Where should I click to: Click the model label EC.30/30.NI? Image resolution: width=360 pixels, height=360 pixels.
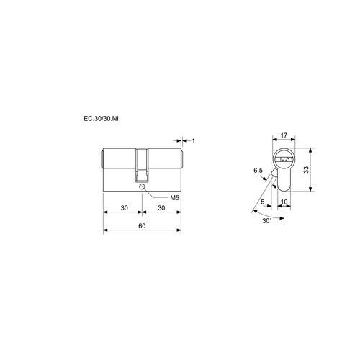(x=101, y=119)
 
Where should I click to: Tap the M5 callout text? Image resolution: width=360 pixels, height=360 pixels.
(x=175, y=198)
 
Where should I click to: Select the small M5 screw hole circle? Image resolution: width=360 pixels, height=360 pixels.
(x=142, y=186)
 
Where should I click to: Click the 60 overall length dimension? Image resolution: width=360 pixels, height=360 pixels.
(x=142, y=226)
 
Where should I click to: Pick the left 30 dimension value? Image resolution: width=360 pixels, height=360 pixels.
(x=124, y=208)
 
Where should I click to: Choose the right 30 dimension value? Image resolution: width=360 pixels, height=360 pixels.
(x=161, y=208)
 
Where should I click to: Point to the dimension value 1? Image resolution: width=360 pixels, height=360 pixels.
(x=194, y=141)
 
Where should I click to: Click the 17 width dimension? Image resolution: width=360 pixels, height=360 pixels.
(x=284, y=135)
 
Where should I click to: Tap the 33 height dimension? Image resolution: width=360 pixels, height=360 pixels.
(x=307, y=170)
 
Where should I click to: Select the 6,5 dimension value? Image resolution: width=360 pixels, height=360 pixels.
(x=258, y=171)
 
